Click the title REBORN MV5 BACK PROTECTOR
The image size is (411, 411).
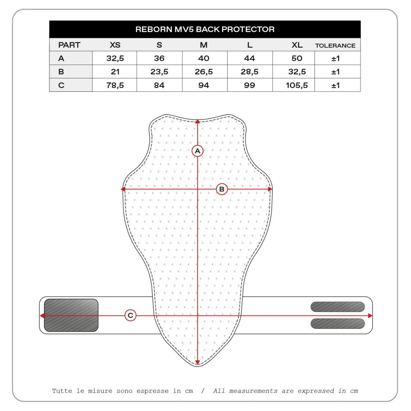pos(205,30)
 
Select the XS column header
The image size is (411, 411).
pos(115,45)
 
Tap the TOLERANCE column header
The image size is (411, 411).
pos(335,45)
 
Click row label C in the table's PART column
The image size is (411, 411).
pos(61,85)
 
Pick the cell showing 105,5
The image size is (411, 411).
pos(296,85)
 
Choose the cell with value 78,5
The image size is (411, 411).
pos(115,85)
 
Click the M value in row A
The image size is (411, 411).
pos(204,58)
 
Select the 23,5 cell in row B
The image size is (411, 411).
pos(159,72)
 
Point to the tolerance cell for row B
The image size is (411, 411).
pos(336,72)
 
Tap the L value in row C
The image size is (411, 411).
pos(249,85)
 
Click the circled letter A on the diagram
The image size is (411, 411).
pos(198,151)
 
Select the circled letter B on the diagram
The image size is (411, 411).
pos(222,189)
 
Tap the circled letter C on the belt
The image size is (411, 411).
pos(130,316)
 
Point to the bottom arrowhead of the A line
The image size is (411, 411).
pos(198,363)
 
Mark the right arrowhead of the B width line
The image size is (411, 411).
pos(270,189)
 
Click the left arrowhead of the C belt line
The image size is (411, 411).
pos(42,316)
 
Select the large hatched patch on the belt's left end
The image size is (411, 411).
pos(71,315)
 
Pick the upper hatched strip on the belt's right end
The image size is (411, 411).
pos(337,307)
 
